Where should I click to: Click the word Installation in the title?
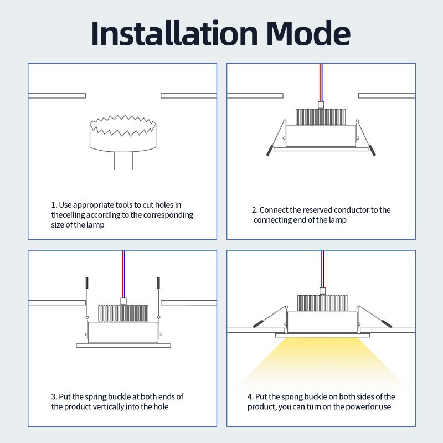[x=174, y=33]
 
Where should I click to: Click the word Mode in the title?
[x=308, y=33]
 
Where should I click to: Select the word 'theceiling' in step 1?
[x=68, y=215]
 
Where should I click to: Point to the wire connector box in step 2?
[x=321, y=105]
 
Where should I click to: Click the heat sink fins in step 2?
[x=321, y=117]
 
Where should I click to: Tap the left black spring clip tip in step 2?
[x=270, y=150]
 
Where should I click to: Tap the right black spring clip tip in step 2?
[x=372, y=150]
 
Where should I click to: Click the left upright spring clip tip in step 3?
[x=87, y=282]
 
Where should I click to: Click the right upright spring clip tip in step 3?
[x=158, y=282]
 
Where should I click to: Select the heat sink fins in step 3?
[x=123, y=313]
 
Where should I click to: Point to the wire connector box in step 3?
[x=123, y=301]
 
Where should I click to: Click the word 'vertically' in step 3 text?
[x=109, y=406]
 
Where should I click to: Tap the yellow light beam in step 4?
[x=322, y=362]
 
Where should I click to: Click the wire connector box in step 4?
[x=322, y=291]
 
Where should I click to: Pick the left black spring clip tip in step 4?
[x=258, y=324]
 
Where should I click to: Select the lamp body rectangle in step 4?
[x=322, y=322]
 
